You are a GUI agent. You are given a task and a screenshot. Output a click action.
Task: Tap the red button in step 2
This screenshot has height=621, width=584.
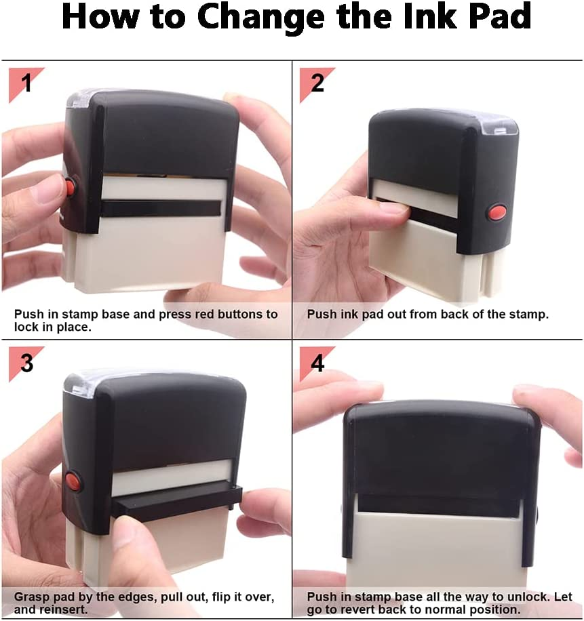(x=497, y=212)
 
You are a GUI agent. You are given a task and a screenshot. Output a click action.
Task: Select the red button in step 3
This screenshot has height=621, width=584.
(x=73, y=481)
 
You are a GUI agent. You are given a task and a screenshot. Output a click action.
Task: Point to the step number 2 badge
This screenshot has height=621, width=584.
(x=317, y=84)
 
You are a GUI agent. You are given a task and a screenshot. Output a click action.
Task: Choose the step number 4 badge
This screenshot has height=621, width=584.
(x=317, y=363)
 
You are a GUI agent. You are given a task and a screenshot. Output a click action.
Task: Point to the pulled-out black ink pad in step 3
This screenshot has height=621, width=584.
(x=177, y=502)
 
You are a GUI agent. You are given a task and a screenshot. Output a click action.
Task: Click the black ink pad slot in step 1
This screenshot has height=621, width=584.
(x=161, y=208)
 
